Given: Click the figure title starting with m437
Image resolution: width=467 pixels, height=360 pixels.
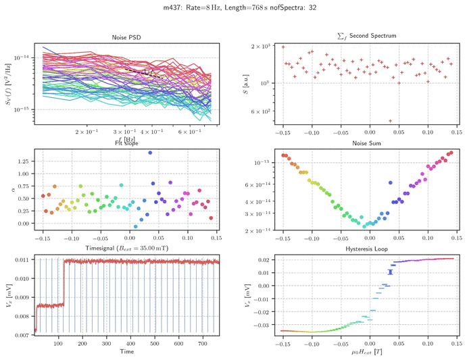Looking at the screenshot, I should [234, 8].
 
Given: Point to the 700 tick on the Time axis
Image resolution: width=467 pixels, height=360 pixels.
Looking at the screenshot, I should [200, 344].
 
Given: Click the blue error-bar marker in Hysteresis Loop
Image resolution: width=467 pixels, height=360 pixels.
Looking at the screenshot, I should [390, 272].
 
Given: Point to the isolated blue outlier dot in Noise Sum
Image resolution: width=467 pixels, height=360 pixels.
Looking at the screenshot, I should [391, 183].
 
